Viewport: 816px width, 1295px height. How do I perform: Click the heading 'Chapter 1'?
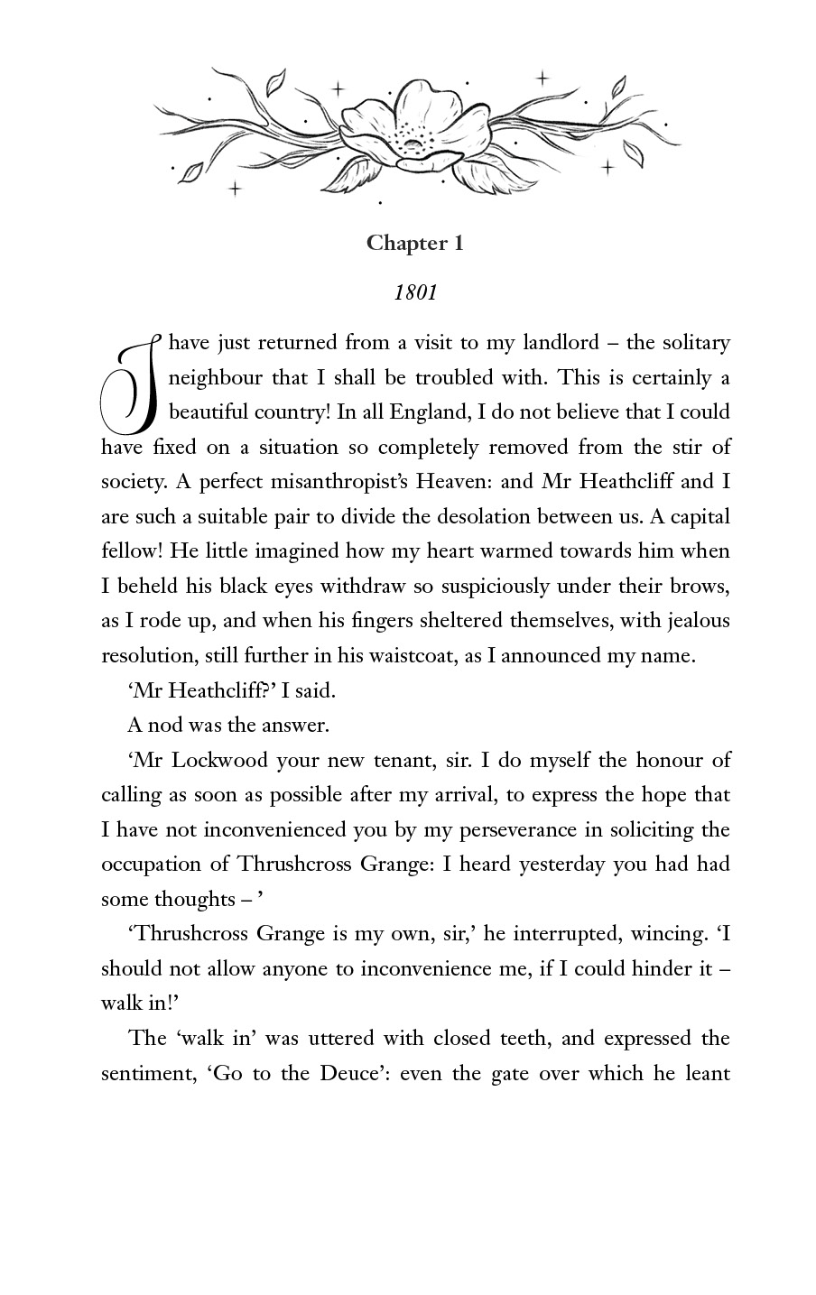[414, 244]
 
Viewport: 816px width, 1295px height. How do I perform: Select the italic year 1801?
[415, 292]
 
